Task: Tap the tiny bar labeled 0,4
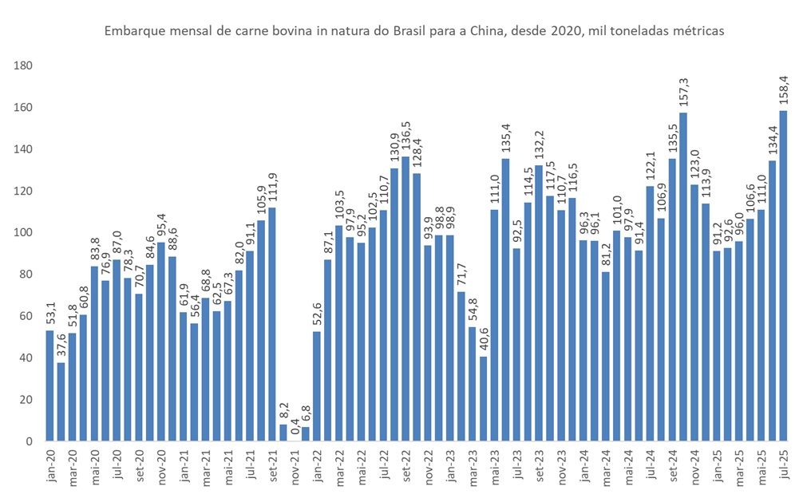[x=295, y=440]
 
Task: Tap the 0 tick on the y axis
[x=28, y=441]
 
